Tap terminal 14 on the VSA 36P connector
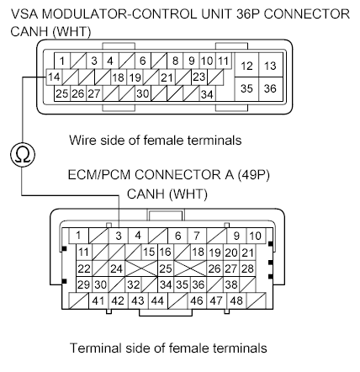point(53,77)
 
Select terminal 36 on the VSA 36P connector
point(270,88)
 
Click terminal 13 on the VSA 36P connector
point(270,66)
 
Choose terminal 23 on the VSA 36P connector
point(199,77)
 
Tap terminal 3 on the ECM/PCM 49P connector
point(120,235)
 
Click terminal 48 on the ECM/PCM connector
point(236,300)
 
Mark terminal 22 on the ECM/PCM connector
point(83,268)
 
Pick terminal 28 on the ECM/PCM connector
point(247,268)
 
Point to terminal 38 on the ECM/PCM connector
point(230,284)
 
